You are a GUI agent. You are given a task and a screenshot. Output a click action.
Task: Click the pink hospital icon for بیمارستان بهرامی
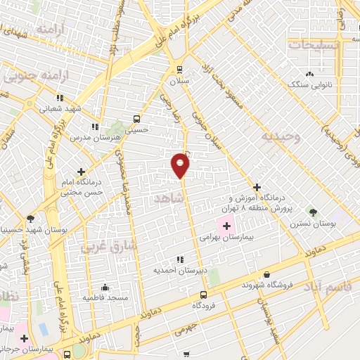[226, 226]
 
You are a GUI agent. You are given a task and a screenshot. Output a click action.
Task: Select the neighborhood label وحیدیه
[280, 136]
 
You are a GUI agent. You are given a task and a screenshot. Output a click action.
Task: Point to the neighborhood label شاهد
[171, 199]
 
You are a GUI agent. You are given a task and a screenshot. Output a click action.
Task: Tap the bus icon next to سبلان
[179, 69]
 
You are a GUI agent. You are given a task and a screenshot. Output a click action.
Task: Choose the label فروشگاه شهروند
[266, 285]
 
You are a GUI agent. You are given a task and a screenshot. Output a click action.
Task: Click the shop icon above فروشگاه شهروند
[266, 274]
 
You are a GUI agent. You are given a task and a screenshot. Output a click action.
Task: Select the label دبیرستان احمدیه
[180, 269]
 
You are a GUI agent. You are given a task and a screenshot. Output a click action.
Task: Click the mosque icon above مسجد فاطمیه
[105, 287]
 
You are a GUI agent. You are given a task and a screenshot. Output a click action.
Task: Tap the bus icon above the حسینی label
[136, 118]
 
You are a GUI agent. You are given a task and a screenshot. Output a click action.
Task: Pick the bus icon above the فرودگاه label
[203, 295]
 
